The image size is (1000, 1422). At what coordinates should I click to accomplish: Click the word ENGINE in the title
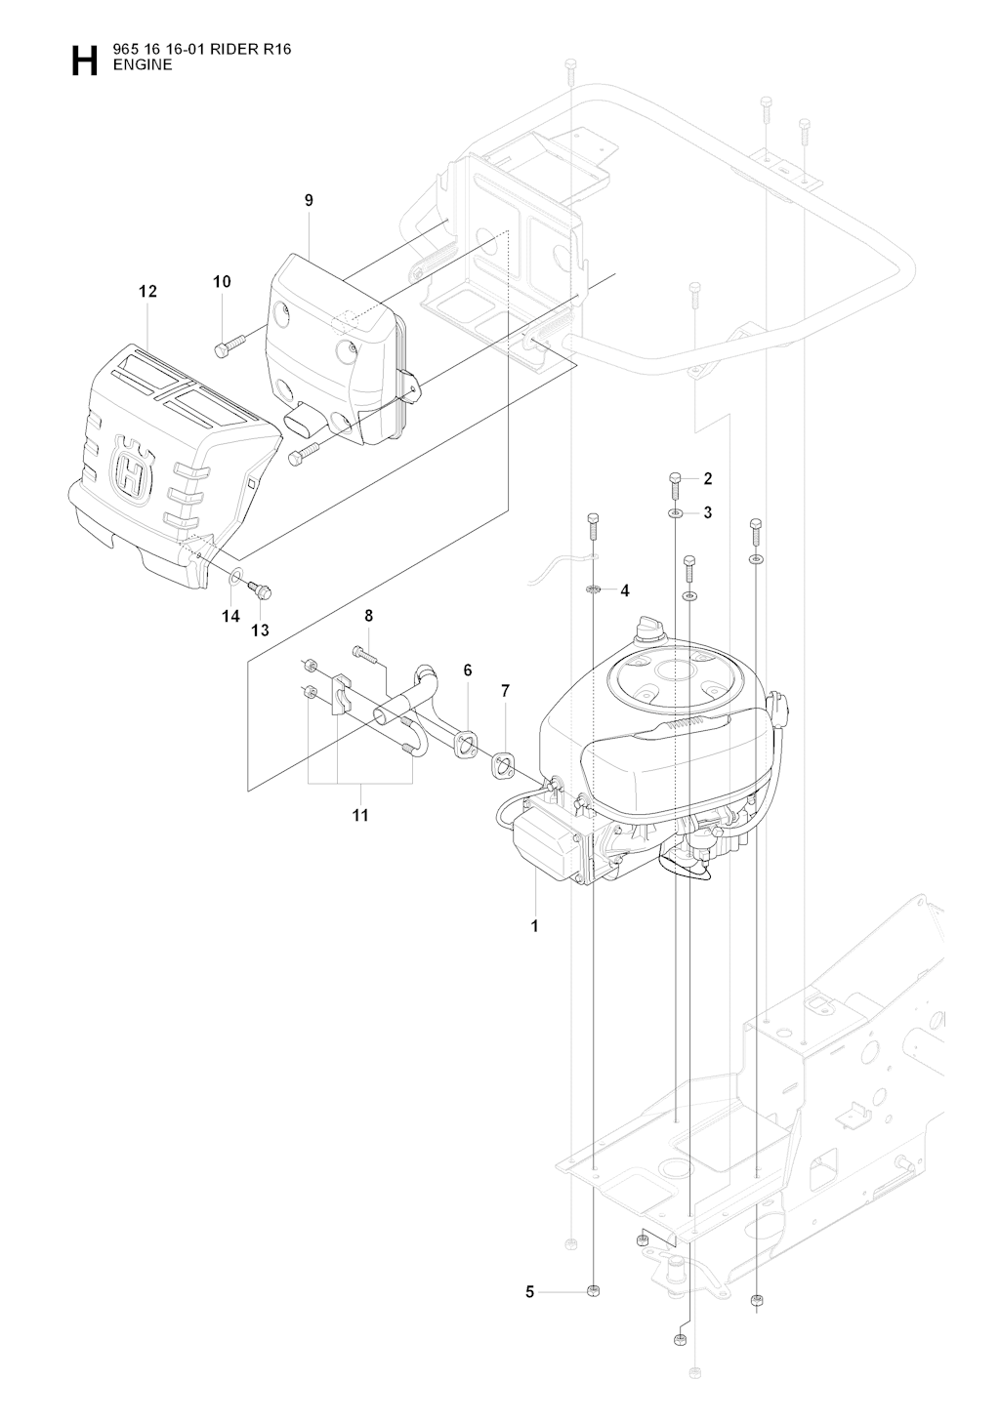[x=143, y=65]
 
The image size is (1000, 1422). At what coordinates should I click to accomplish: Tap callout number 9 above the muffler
[x=309, y=200]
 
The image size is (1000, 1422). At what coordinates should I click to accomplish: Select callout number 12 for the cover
[x=147, y=291]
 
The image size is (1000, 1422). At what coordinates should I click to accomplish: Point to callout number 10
[x=222, y=282]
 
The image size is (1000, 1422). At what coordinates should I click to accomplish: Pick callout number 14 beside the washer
[x=230, y=616]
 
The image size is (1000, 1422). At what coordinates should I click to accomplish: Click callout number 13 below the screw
[x=260, y=630]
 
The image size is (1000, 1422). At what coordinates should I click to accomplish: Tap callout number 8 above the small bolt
[x=369, y=616]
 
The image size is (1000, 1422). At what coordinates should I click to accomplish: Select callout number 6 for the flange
[x=468, y=670]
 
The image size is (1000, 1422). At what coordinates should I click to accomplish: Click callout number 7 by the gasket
[x=505, y=691]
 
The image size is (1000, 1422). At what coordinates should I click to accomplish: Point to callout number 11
[x=360, y=815]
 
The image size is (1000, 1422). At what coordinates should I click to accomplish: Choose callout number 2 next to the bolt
[x=707, y=478]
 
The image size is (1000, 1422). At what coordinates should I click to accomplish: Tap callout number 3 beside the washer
[x=707, y=512]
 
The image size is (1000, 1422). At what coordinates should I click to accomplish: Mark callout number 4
[x=624, y=590]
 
